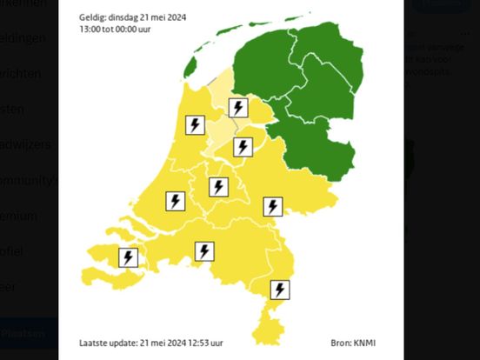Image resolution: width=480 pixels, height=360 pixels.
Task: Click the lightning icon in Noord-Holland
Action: click(x=195, y=125)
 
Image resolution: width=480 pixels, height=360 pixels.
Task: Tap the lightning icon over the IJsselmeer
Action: click(x=237, y=108)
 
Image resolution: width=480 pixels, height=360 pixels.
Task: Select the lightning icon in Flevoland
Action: click(x=243, y=147)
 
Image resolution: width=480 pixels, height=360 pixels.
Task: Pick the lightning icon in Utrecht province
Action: click(x=218, y=187)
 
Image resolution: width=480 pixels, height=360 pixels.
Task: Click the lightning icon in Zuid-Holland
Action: click(x=175, y=201)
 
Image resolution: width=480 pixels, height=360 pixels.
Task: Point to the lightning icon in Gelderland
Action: click(x=273, y=206)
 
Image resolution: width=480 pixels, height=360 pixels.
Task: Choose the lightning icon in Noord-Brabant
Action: click(x=203, y=251)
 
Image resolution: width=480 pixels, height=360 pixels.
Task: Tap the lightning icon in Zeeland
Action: click(x=129, y=258)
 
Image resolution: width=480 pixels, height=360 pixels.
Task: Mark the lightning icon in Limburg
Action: click(x=280, y=290)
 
